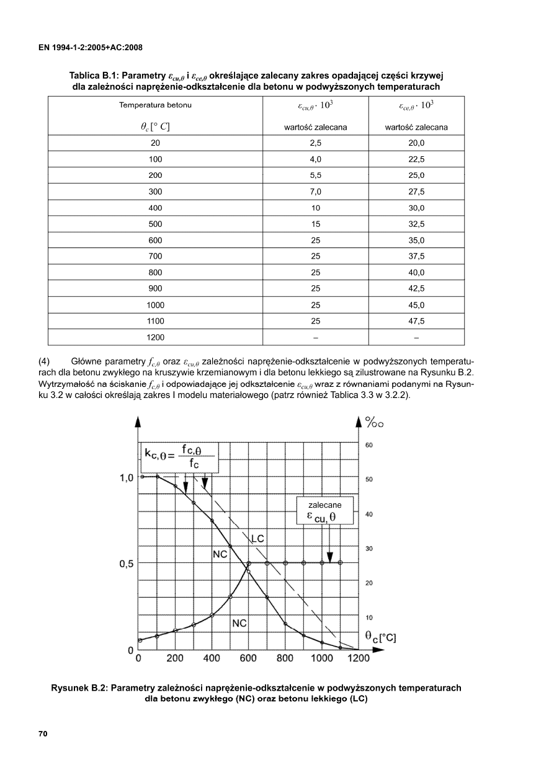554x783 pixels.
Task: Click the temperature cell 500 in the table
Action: pyautogui.click(x=155, y=224)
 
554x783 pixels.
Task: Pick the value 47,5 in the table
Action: pyautogui.click(x=416, y=321)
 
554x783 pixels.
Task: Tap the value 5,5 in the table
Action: pyautogui.click(x=315, y=175)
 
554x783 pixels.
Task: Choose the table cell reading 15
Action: pyautogui.click(x=315, y=224)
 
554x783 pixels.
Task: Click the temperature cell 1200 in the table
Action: pyautogui.click(x=155, y=337)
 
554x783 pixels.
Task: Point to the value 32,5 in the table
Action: pyautogui.click(x=416, y=224)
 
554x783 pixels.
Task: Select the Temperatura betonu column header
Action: pyautogui.click(x=155, y=105)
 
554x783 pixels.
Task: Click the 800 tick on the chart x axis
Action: pyautogui.click(x=285, y=658)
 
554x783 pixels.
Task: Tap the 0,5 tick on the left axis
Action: pyautogui.click(x=127, y=564)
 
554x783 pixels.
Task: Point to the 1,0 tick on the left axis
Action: pyautogui.click(x=127, y=478)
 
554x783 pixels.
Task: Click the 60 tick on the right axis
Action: pyautogui.click(x=369, y=445)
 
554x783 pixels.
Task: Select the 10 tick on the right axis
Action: pyautogui.click(x=369, y=617)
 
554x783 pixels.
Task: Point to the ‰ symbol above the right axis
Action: pyautogui.click(x=375, y=423)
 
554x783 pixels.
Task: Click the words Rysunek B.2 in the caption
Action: pyautogui.click(x=81, y=688)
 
